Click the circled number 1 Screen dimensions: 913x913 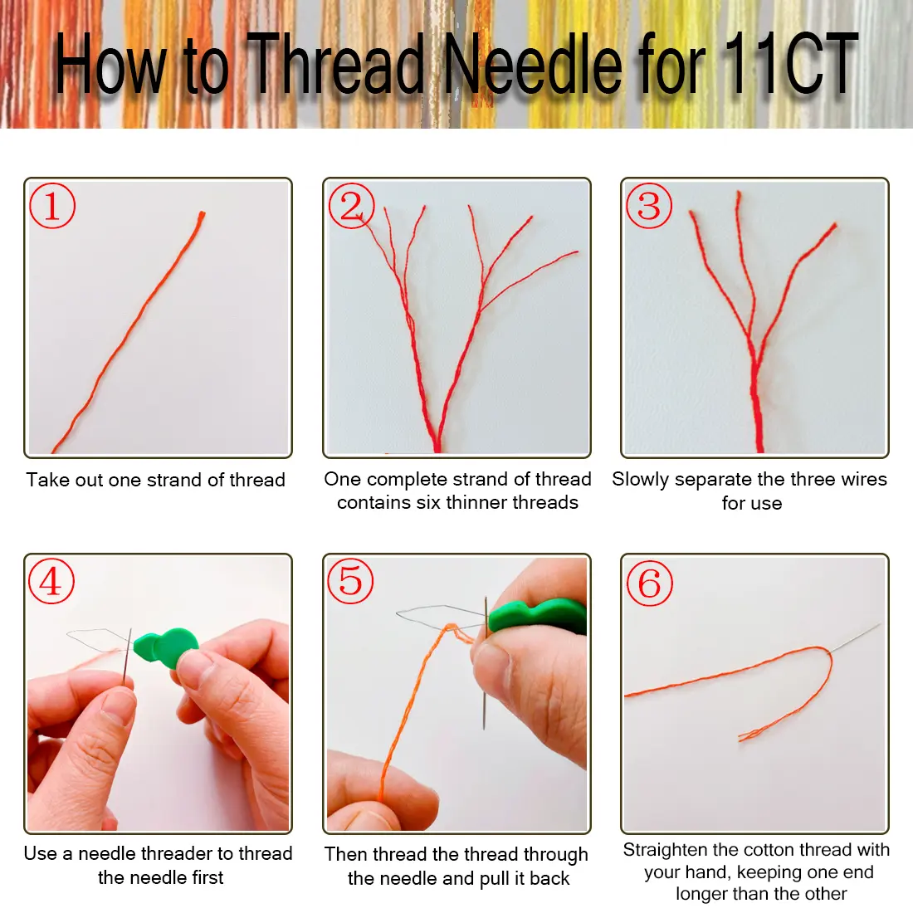point(51,206)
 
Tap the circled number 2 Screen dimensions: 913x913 point(351,206)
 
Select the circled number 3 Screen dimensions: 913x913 point(649,206)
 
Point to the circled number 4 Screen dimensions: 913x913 point(51,580)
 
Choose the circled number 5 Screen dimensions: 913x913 point(350,580)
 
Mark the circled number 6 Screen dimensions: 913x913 point(650,583)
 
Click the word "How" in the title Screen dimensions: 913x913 point(110,63)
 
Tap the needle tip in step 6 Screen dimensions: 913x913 point(879,625)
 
